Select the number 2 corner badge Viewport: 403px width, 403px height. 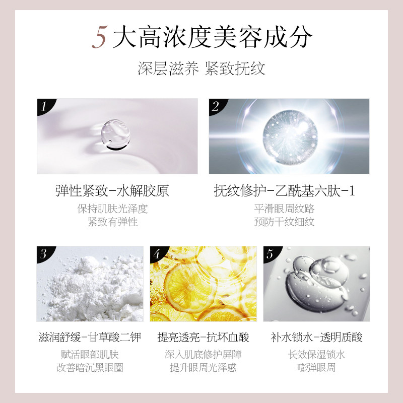pos(216,106)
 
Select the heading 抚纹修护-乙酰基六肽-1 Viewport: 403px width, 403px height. pos(285,191)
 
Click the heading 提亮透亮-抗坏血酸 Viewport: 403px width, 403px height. pos(203,337)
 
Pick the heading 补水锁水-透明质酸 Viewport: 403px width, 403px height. pos(316,337)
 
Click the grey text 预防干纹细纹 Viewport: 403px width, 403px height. pos(285,222)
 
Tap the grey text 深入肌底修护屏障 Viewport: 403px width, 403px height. pos(204,355)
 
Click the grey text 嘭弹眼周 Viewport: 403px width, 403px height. pos(316,368)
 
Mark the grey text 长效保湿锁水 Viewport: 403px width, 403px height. pos(316,355)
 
